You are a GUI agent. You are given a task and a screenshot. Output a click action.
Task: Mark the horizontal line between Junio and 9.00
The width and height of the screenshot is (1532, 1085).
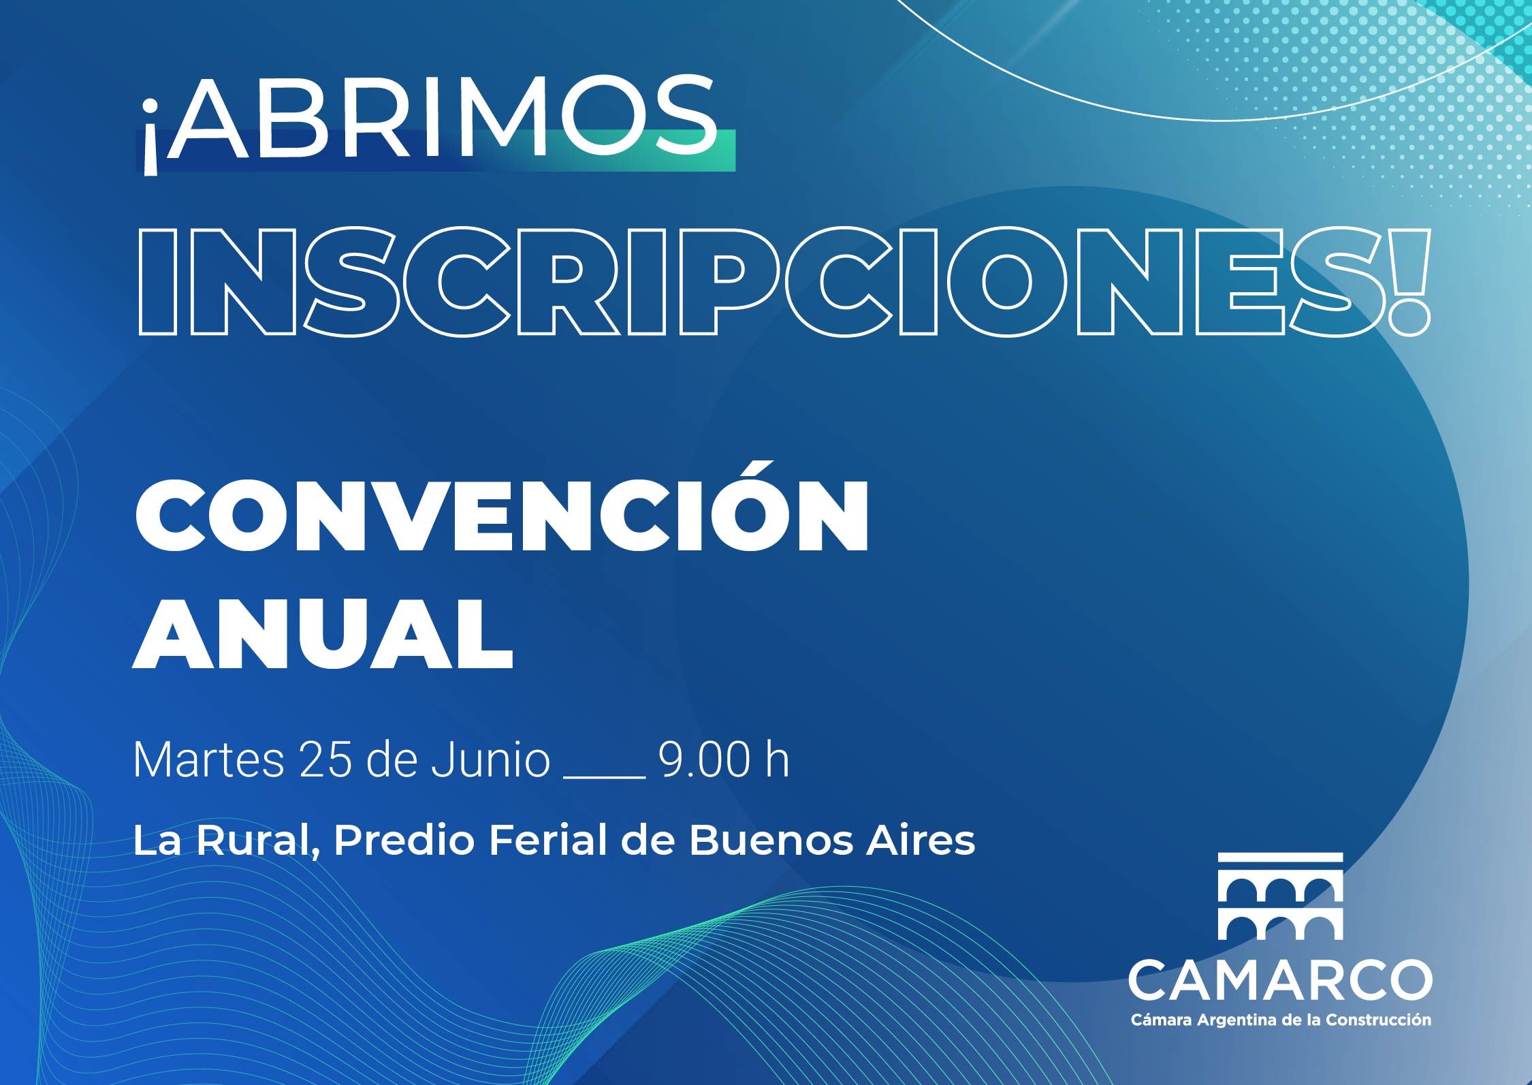604,777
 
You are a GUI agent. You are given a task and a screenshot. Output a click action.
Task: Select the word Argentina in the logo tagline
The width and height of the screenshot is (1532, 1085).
1217,1020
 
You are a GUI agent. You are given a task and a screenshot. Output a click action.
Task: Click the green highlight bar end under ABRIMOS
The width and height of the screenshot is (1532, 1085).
734,150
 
